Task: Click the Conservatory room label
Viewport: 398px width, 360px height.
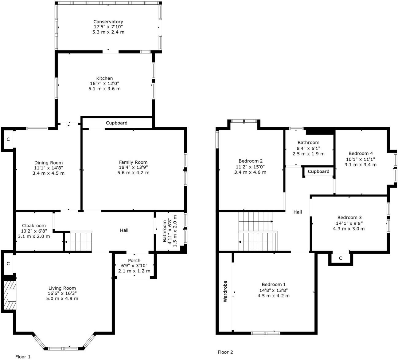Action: pos(108,22)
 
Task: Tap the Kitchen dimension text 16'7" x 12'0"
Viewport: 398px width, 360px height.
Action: pos(104,84)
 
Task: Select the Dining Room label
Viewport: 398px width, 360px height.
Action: pos(49,163)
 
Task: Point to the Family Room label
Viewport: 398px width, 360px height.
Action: pos(133,162)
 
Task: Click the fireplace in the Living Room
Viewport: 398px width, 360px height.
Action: pos(10,295)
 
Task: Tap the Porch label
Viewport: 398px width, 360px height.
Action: pos(134,260)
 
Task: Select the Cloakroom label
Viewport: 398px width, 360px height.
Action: pos(34,225)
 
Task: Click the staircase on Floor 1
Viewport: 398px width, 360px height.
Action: pos(79,242)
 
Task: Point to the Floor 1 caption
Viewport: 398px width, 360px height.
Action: pos(23,357)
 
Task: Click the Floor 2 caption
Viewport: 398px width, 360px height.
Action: pos(225,352)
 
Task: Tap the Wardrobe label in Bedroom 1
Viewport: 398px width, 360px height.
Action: pos(225,291)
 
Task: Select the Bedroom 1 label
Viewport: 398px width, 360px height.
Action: pos(273,284)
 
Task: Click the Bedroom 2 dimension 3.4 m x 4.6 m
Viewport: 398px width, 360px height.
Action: pos(250,172)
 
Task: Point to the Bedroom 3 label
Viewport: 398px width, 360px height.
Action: pos(349,217)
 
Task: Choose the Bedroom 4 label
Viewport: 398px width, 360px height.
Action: pos(361,153)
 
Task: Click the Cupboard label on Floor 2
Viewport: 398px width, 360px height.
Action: pos(318,172)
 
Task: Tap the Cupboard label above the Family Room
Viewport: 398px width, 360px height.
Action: pos(117,123)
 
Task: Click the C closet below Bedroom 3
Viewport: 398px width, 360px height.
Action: pos(341,258)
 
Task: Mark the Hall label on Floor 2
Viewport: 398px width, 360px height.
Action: pos(298,212)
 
